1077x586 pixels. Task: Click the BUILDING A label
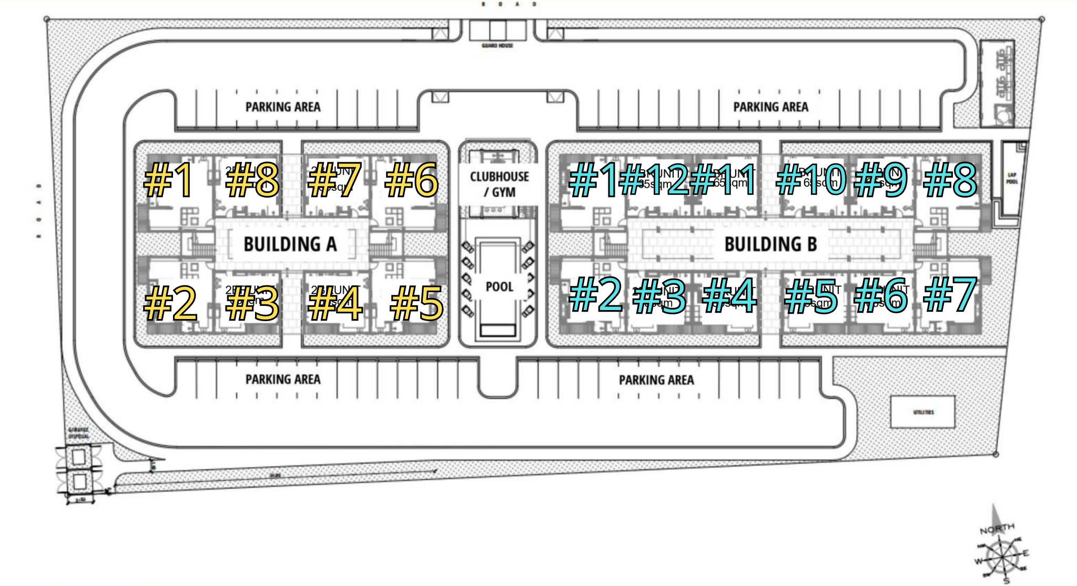click(x=290, y=244)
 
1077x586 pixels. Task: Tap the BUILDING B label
click(x=770, y=244)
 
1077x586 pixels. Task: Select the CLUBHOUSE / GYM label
click(x=499, y=184)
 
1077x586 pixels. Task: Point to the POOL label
click(x=499, y=287)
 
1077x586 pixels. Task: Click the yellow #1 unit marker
click(x=169, y=180)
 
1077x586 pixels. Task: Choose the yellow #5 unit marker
click(x=417, y=304)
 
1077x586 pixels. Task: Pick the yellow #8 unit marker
click(x=252, y=180)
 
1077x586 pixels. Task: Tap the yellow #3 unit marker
click(x=252, y=304)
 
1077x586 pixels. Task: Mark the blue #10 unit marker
click(x=811, y=180)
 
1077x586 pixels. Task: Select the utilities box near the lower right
click(x=922, y=412)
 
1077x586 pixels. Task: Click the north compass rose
click(x=1002, y=554)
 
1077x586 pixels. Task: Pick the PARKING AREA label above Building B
click(x=770, y=107)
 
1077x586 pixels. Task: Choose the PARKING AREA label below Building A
click(x=283, y=379)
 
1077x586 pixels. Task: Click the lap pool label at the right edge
click(x=1012, y=178)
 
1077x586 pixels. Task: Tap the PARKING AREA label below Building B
click(x=656, y=380)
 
